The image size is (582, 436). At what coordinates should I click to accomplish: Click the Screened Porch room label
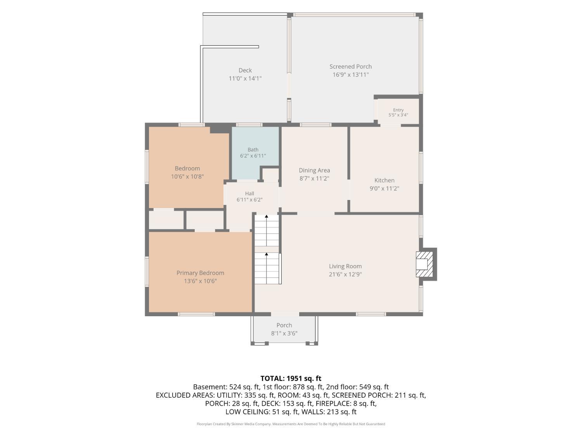click(x=350, y=66)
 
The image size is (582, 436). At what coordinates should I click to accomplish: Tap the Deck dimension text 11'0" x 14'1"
click(x=245, y=78)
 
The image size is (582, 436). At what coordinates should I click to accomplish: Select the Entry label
click(x=398, y=110)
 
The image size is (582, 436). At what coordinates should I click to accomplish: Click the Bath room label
click(x=253, y=150)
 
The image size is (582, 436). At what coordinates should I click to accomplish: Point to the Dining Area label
click(x=314, y=170)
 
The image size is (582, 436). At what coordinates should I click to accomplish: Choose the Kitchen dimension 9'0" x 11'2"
click(x=384, y=188)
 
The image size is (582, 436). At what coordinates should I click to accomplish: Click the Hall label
click(x=249, y=193)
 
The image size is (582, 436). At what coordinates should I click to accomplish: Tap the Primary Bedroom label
click(x=200, y=273)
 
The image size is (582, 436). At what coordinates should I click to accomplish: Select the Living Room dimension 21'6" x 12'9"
click(x=345, y=274)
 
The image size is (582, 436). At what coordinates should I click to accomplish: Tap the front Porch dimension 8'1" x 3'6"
click(x=284, y=333)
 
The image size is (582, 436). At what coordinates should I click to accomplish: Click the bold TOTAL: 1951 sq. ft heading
click(x=291, y=378)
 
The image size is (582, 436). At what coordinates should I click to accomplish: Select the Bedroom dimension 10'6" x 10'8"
click(x=187, y=177)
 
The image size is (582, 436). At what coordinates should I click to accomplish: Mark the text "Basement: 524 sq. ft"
click(x=226, y=387)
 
